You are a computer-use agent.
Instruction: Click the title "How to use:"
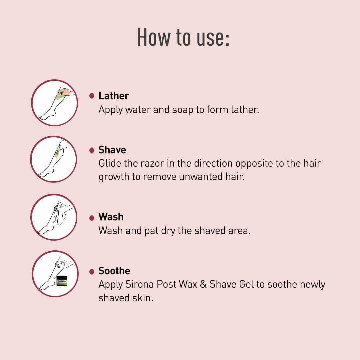[183, 37]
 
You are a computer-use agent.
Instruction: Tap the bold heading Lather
[114, 96]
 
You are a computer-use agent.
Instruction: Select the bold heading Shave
[112, 150]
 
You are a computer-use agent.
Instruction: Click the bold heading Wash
[111, 217]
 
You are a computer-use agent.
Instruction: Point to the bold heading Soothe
[114, 271]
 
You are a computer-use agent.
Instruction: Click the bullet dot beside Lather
[92, 96]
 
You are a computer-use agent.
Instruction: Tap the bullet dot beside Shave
[92, 150]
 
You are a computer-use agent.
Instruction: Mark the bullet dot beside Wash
[92, 218]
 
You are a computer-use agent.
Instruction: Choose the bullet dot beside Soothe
[92, 272]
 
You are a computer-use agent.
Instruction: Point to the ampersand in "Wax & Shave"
[203, 284]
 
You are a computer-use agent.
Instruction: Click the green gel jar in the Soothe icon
[62, 281]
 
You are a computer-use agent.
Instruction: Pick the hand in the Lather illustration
[65, 92]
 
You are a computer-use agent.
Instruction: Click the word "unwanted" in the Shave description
[201, 177]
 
